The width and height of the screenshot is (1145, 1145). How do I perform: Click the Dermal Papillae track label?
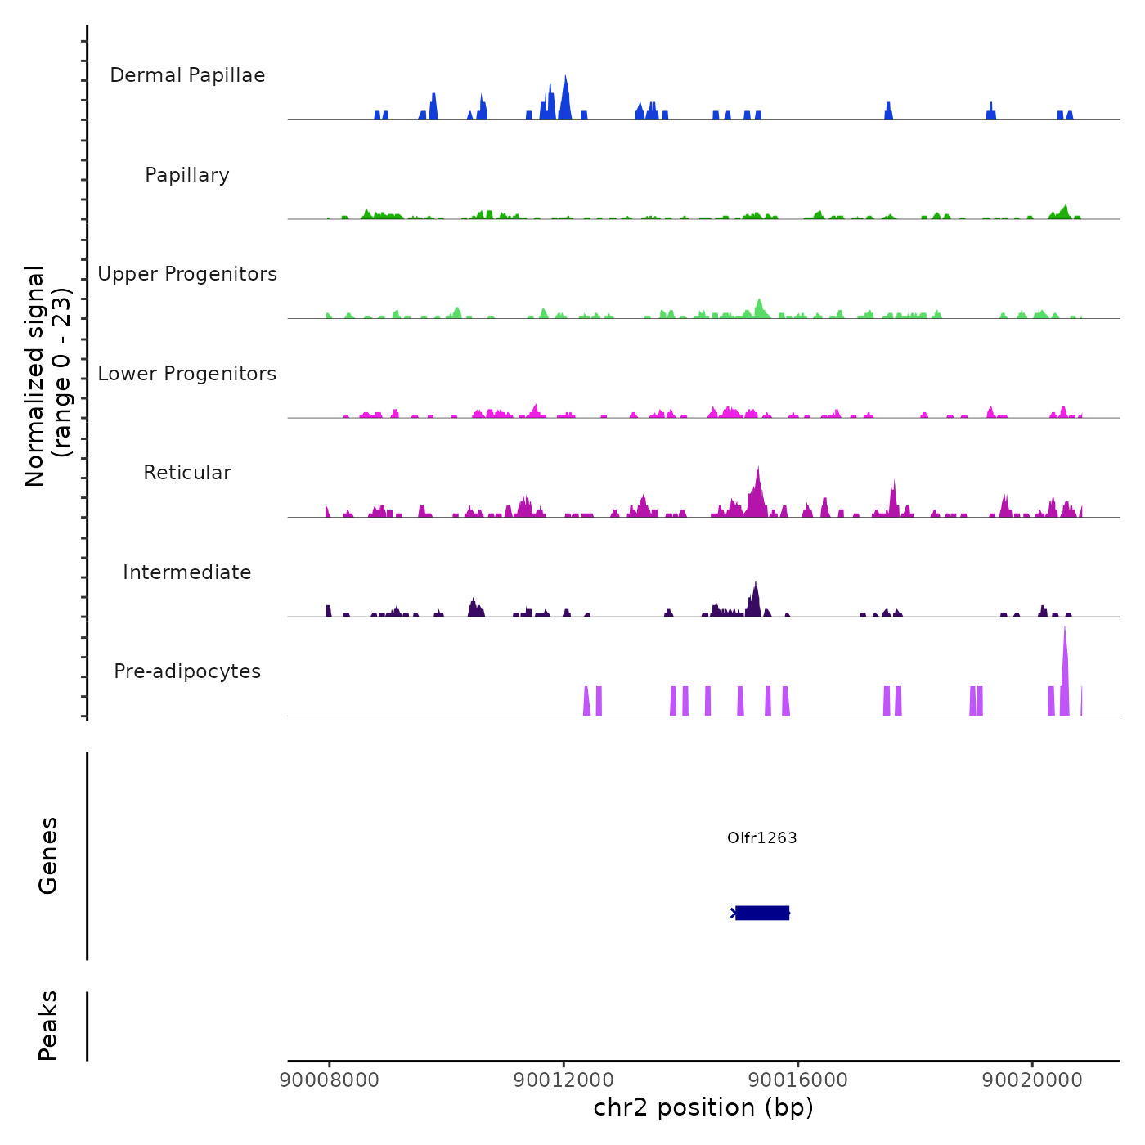(187, 75)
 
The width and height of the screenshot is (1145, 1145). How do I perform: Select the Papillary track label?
(187, 175)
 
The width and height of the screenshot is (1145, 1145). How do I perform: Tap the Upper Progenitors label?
(187, 274)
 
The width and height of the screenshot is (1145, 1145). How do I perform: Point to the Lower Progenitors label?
(187, 374)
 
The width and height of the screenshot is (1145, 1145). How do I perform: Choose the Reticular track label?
(187, 473)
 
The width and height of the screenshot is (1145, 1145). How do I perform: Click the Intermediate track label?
(187, 572)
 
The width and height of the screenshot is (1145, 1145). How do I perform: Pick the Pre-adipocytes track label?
(187, 671)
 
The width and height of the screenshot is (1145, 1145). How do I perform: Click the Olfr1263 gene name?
(761, 837)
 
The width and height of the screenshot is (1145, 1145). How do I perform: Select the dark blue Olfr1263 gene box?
(762, 913)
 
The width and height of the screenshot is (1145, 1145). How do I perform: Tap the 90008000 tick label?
(330, 1080)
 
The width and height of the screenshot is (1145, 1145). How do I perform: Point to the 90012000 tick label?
(564, 1080)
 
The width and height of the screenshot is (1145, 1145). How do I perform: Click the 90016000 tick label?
(798, 1080)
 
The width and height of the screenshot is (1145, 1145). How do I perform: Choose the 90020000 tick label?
(1032, 1080)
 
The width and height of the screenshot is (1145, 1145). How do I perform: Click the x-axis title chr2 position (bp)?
(703, 1108)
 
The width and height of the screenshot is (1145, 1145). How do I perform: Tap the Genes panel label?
(48, 855)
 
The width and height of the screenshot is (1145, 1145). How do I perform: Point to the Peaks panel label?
(48, 1026)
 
